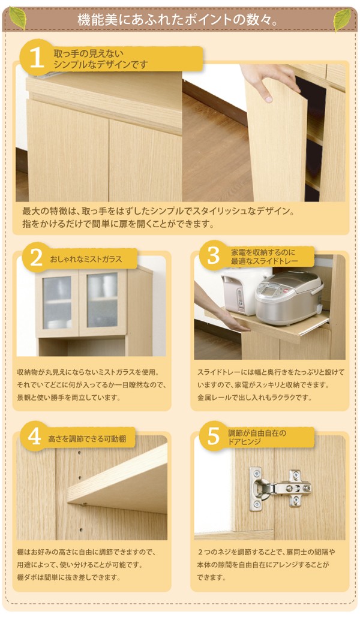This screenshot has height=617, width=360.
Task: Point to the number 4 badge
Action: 35,437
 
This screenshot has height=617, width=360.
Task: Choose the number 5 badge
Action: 213,435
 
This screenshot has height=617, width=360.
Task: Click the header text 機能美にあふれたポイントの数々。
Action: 178,20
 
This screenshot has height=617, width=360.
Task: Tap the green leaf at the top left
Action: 18,18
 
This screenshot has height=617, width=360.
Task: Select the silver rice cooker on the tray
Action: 289,297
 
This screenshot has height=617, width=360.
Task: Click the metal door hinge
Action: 280,488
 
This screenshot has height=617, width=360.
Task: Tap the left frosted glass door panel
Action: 57,302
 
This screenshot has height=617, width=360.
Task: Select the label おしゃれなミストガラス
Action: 86,259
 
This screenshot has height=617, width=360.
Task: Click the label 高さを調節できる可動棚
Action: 87,438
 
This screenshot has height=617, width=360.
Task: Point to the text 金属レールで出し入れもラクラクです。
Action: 254,397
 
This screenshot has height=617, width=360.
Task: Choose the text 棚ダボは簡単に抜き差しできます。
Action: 68,577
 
